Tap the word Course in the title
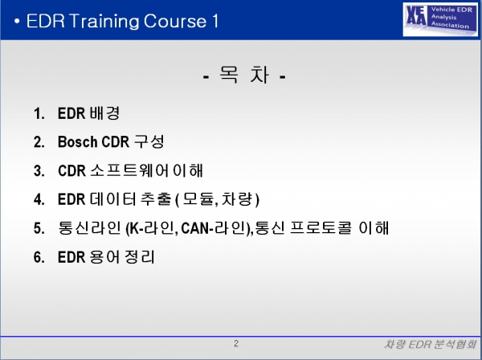pos(175,21)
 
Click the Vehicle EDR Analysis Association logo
pos(440,19)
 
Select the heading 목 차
pos(244,76)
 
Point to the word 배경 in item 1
pos(104,112)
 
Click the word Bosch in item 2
pos(77,141)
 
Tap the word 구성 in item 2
pos(149,141)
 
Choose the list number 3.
pos(39,171)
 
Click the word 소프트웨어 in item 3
pos(129,170)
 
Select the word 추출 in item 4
pos(156,199)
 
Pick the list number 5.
pos(39,228)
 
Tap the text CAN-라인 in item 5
pos(215,228)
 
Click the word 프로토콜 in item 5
pos(321,227)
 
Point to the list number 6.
pos(39,257)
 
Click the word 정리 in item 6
pos(140,256)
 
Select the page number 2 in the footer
pos(236,343)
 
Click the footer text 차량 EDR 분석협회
pos(430,344)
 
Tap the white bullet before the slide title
pos(17,22)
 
